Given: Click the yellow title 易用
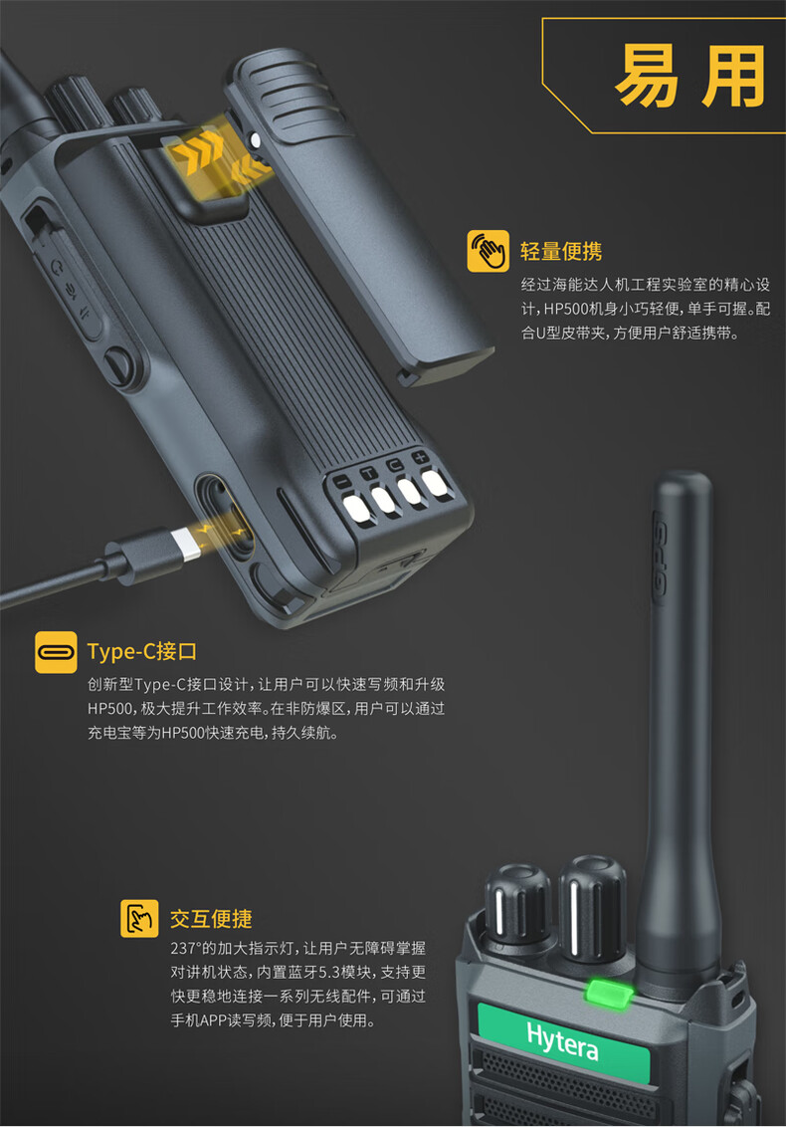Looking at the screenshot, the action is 690,76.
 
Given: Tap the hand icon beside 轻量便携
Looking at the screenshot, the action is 488,251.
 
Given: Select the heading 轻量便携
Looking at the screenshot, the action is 561,252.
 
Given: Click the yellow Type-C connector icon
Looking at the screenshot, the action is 56,652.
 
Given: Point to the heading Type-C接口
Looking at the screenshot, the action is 141,652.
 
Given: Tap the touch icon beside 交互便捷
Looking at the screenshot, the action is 139,918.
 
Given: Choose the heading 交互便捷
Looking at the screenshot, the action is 211,919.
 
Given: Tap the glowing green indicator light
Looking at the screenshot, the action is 609,994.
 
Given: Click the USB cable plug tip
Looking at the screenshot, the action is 187,545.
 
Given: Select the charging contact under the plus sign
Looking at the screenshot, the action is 435,484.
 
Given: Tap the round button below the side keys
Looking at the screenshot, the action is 117,361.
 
